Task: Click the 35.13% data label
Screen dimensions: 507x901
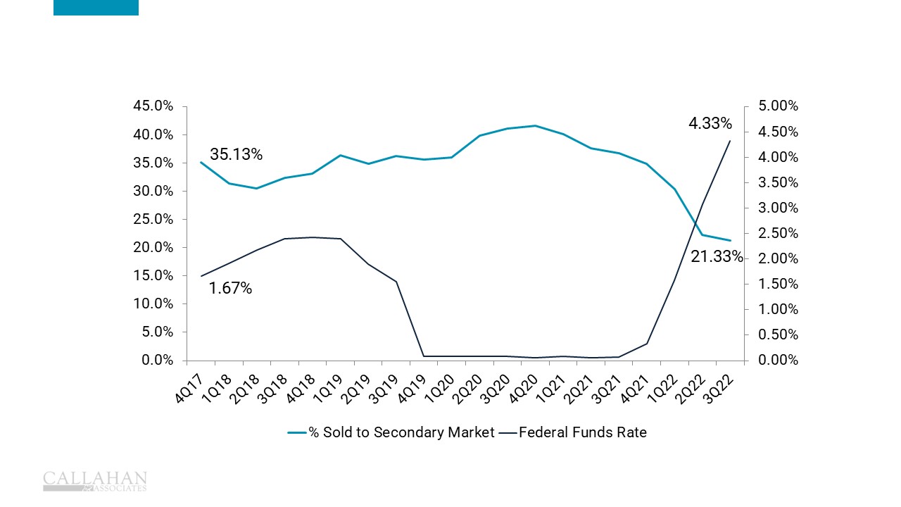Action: coord(236,155)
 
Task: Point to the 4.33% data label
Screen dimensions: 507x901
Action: coord(710,124)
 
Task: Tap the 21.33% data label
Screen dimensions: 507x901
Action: coord(717,257)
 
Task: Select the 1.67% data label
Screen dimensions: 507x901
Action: coord(230,288)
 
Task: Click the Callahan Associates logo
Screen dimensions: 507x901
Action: coord(95,481)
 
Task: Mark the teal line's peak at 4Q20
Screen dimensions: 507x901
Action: coord(535,126)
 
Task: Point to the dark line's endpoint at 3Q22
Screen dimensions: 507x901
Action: coord(730,141)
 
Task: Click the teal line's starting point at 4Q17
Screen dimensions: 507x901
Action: coord(201,162)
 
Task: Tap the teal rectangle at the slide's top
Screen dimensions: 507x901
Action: coord(96,7)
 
